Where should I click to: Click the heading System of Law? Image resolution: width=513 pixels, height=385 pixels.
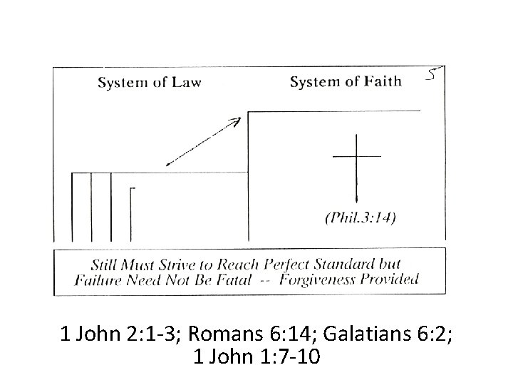(149, 81)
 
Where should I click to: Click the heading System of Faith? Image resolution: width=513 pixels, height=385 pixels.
(346, 81)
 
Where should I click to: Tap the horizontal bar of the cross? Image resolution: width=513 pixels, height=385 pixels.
(356, 155)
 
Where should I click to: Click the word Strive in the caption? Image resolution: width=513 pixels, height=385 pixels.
(177, 262)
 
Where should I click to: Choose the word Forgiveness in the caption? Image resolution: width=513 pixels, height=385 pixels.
(318, 279)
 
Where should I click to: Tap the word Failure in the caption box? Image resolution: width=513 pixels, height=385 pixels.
(99, 279)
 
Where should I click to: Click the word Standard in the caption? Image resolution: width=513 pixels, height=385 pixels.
(352, 262)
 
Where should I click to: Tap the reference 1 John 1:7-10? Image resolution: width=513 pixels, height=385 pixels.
(256, 355)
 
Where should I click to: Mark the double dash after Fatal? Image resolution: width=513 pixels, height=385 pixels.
(264, 279)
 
